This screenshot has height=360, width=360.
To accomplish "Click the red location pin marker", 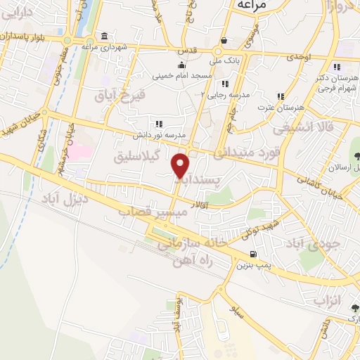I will [x=181, y=165].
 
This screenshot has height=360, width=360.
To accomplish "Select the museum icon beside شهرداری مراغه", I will [x=104, y=37].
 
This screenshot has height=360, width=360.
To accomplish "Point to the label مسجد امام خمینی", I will [x=179, y=75].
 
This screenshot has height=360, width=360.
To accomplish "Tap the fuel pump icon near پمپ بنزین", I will [x=252, y=255].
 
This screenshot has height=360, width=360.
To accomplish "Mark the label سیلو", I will [x=240, y=309].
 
